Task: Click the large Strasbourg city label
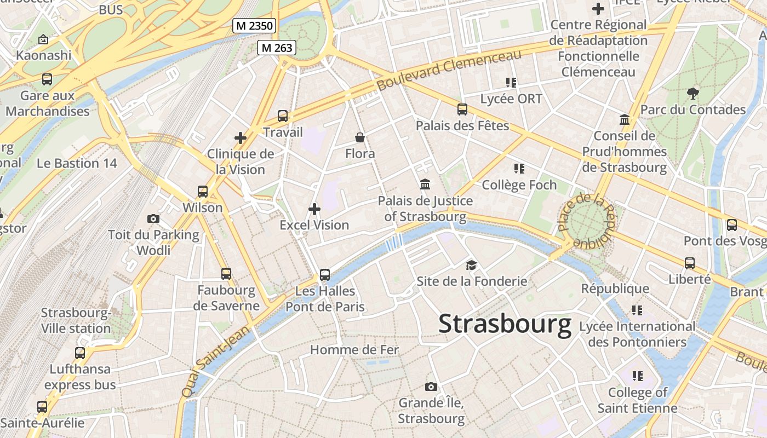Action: (505, 324)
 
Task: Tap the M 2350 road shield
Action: (254, 26)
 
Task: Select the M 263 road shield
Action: (277, 48)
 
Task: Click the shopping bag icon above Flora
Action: (360, 137)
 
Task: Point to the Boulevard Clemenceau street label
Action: (449, 71)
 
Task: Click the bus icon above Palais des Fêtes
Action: (462, 109)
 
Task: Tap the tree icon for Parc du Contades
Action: (693, 93)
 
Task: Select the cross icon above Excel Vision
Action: (314, 209)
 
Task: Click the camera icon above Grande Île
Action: (431, 387)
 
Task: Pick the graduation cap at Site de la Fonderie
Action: (471, 266)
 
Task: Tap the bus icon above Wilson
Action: (203, 192)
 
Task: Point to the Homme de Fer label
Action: (354, 349)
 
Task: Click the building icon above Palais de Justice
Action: (425, 185)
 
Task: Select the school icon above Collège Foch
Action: (519, 169)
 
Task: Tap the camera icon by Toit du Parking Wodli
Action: (153, 219)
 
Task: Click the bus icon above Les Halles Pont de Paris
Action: (325, 274)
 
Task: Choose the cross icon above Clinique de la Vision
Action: (240, 138)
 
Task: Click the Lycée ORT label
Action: (511, 99)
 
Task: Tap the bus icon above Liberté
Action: (690, 263)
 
